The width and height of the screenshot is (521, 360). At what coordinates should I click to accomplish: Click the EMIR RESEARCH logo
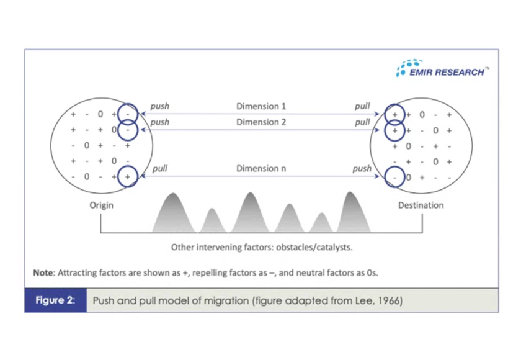[x=442, y=69]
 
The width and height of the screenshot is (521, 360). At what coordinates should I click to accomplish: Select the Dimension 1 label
[x=261, y=106]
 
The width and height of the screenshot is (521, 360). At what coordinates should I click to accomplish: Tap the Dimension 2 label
[x=261, y=122]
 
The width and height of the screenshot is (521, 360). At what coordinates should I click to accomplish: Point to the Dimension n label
[x=261, y=168]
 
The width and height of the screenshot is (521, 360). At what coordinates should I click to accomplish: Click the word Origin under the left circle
[x=101, y=205]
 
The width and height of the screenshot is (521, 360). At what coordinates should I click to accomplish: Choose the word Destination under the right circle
[x=421, y=205]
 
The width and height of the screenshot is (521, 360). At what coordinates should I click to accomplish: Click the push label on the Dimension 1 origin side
[x=160, y=106]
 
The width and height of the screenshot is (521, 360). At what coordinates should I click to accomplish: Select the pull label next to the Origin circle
[x=159, y=168]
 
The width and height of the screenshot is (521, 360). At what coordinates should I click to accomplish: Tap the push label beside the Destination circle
[x=362, y=168]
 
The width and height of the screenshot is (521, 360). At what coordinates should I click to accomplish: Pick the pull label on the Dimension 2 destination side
[x=362, y=122]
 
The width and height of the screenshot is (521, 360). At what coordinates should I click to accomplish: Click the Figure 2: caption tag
[x=55, y=301]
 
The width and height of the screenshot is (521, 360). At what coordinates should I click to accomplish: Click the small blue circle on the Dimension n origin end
[x=127, y=177]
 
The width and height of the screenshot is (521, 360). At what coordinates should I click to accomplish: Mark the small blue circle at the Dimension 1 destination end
[x=394, y=115]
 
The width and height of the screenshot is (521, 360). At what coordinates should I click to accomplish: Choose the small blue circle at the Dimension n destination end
[x=394, y=177]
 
